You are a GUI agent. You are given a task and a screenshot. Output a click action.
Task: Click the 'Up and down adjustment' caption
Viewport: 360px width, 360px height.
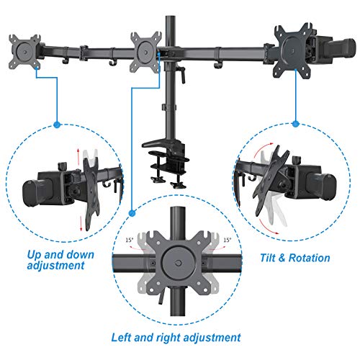coord(57,259)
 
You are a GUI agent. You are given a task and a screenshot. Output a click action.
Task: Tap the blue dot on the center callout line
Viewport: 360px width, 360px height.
coord(132,210)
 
